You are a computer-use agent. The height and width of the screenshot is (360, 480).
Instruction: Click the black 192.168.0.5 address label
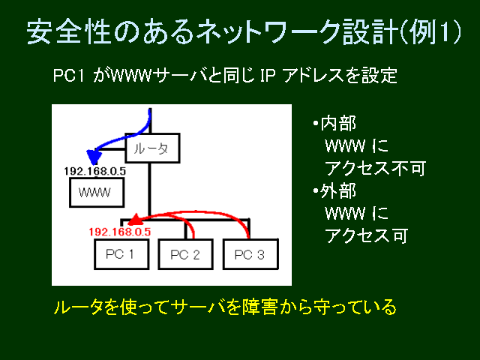(95, 171)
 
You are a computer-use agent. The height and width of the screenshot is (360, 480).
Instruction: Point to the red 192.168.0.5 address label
(120, 232)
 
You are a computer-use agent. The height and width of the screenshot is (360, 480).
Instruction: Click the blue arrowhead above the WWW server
(94, 157)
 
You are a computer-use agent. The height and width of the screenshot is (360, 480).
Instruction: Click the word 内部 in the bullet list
(338, 124)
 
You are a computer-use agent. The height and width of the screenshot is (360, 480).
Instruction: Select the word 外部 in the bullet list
(338, 191)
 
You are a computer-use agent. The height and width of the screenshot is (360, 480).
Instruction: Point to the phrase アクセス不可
(375, 168)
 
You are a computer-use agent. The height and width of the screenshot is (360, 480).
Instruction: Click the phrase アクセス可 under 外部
(367, 235)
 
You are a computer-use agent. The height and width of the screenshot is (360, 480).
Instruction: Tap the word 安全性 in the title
(68, 32)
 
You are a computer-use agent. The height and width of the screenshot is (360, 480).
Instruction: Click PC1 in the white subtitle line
(68, 76)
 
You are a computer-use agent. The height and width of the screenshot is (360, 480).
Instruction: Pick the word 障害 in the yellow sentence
(260, 307)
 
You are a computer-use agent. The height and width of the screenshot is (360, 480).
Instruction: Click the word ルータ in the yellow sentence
(79, 307)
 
